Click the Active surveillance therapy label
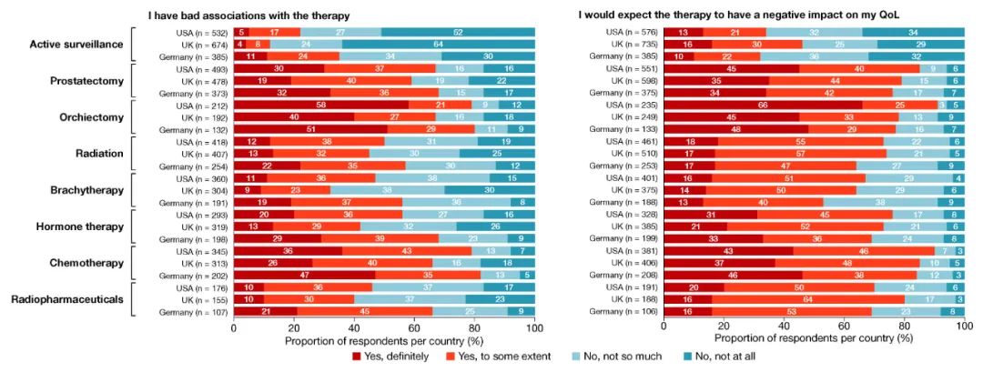76,44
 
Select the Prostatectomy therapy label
86,81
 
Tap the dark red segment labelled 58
293,105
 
